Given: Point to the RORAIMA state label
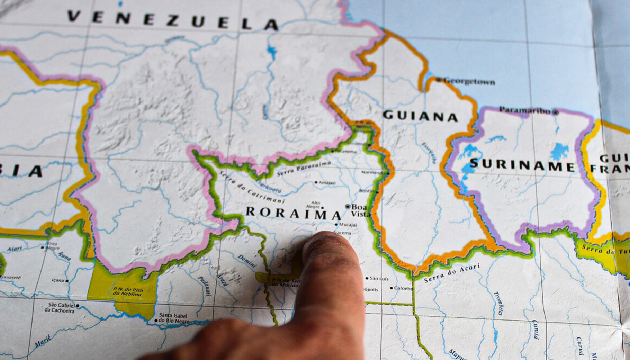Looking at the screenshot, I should (293, 213).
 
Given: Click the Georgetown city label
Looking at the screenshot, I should (469, 82).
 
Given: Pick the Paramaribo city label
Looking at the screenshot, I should (525, 111).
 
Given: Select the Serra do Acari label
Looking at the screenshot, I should (452, 273).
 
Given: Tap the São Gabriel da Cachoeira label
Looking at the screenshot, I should (61, 308).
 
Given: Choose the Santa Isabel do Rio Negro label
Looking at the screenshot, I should (174, 318).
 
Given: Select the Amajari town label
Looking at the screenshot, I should (327, 182).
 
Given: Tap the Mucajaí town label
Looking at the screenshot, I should (348, 225).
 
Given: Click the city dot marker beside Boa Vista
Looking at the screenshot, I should (348, 206).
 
